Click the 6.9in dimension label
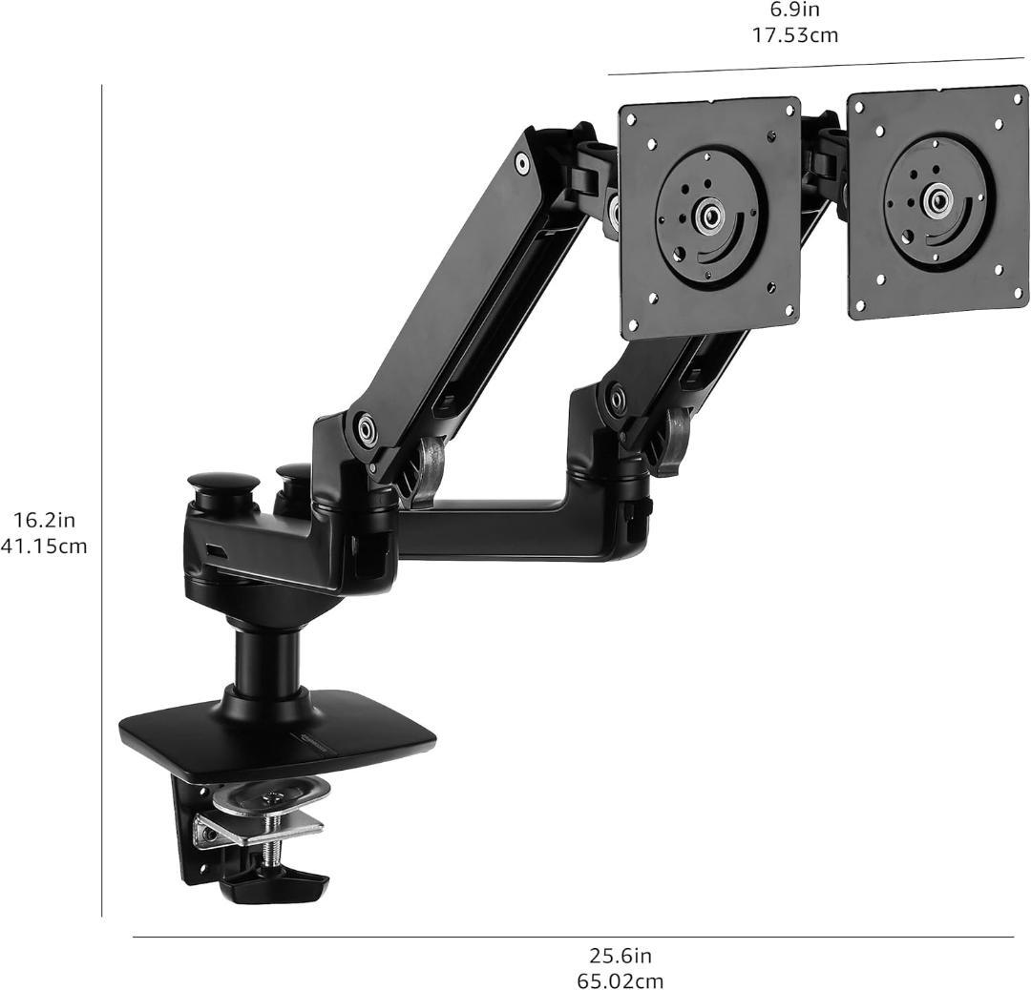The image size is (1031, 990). (795, 10)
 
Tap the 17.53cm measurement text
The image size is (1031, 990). (795, 35)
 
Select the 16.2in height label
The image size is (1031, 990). (46, 521)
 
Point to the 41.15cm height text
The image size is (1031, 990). (43, 546)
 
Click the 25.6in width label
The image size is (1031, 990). (621, 955)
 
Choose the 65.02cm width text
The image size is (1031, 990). (621, 980)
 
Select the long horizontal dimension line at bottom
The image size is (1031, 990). (573, 938)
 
